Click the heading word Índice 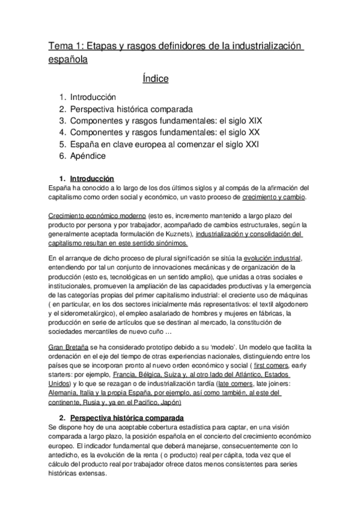(x=156, y=79)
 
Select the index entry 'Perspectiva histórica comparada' (x=131, y=109)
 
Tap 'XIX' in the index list (x=254, y=120)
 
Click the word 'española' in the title (x=67, y=60)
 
